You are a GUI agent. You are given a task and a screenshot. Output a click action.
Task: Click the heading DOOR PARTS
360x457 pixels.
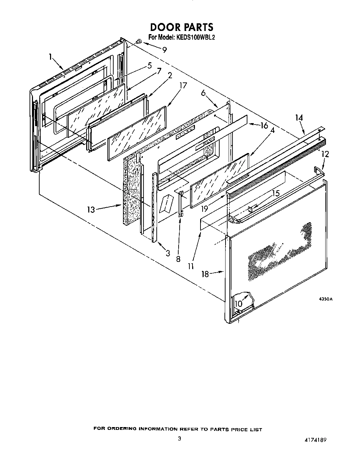(181, 27)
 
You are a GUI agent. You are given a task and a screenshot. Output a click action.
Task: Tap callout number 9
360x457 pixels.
(164, 49)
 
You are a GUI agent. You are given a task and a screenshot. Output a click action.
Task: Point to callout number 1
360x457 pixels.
(51, 56)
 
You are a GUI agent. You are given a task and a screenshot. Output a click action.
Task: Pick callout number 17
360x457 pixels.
(183, 86)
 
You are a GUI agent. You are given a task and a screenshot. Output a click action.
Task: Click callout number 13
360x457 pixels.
(91, 209)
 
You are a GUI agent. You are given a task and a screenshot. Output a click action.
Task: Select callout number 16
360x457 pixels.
(264, 126)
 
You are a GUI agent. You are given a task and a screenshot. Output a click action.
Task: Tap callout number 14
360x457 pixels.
(299, 118)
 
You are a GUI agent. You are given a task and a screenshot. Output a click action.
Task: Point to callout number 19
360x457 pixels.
(205, 209)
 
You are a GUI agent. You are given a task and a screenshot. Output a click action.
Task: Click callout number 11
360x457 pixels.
(190, 266)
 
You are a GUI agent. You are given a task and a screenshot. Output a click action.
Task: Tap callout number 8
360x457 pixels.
(178, 259)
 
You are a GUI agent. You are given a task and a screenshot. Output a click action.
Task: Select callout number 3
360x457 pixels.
(168, 254)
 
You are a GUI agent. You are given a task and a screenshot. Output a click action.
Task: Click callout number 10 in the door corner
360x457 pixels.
(238, 304)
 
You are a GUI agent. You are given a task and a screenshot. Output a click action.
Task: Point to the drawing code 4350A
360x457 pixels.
(326, 299)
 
